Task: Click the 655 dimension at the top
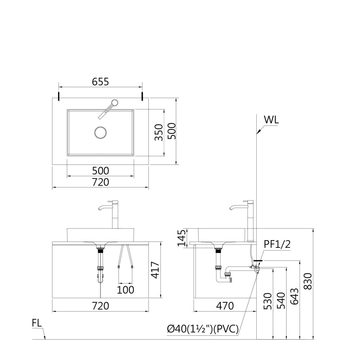tap(101, 82)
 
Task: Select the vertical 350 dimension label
tap(159, 132)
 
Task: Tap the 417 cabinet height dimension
tap(155, 270)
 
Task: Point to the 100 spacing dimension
tap(126, 290)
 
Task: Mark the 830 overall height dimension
tap(307, 281)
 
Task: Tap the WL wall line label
tap(271, 120)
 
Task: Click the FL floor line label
tap(37, 323)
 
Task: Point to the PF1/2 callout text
tap(277, 244)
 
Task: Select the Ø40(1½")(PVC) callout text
tap(203, 329)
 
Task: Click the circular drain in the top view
tap(100, 133)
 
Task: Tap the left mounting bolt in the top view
tap(59, 96)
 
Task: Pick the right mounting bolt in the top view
tap(142, 96)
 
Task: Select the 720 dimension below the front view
tap(101, 306)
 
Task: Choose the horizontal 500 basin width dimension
tap(101, 171)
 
